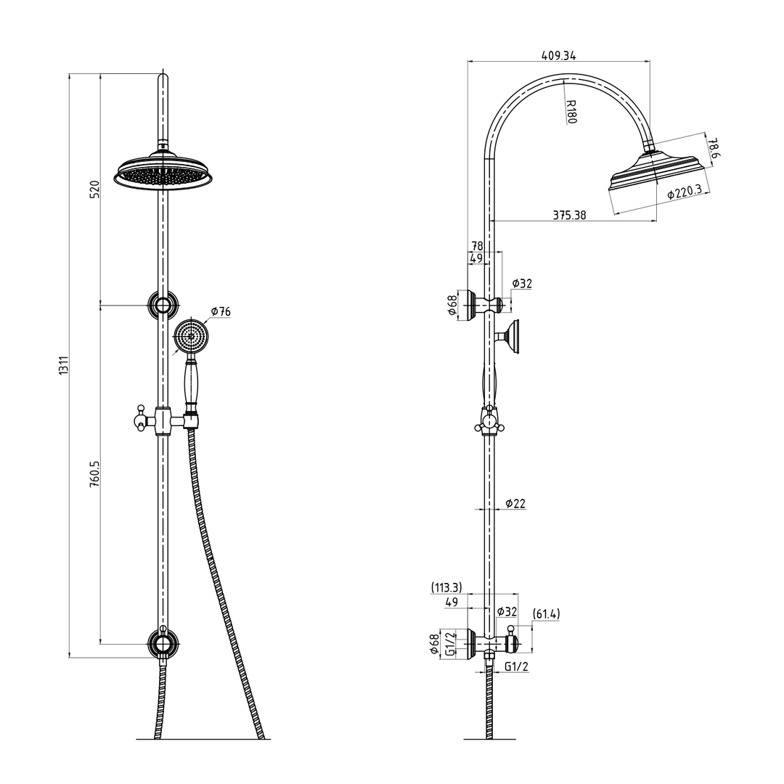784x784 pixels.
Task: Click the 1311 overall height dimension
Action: [64, 365]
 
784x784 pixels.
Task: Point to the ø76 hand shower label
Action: [220, 311]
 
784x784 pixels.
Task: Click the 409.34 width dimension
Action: [559, 55]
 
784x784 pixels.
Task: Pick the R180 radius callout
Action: [571, 111]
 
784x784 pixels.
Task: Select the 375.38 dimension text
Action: [569, 215]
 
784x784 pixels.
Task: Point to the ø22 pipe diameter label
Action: [515, 503]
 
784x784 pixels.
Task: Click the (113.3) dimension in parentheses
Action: [446, 587]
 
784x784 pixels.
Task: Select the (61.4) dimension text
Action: [546, 614]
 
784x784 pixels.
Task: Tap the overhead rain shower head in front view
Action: [165, 172]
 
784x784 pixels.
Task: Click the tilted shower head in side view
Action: [656, 173]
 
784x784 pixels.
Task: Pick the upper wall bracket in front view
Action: [163, 304]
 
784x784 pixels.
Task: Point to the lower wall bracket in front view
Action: [163, 643]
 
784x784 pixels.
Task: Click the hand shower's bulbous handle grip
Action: [192, 384]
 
